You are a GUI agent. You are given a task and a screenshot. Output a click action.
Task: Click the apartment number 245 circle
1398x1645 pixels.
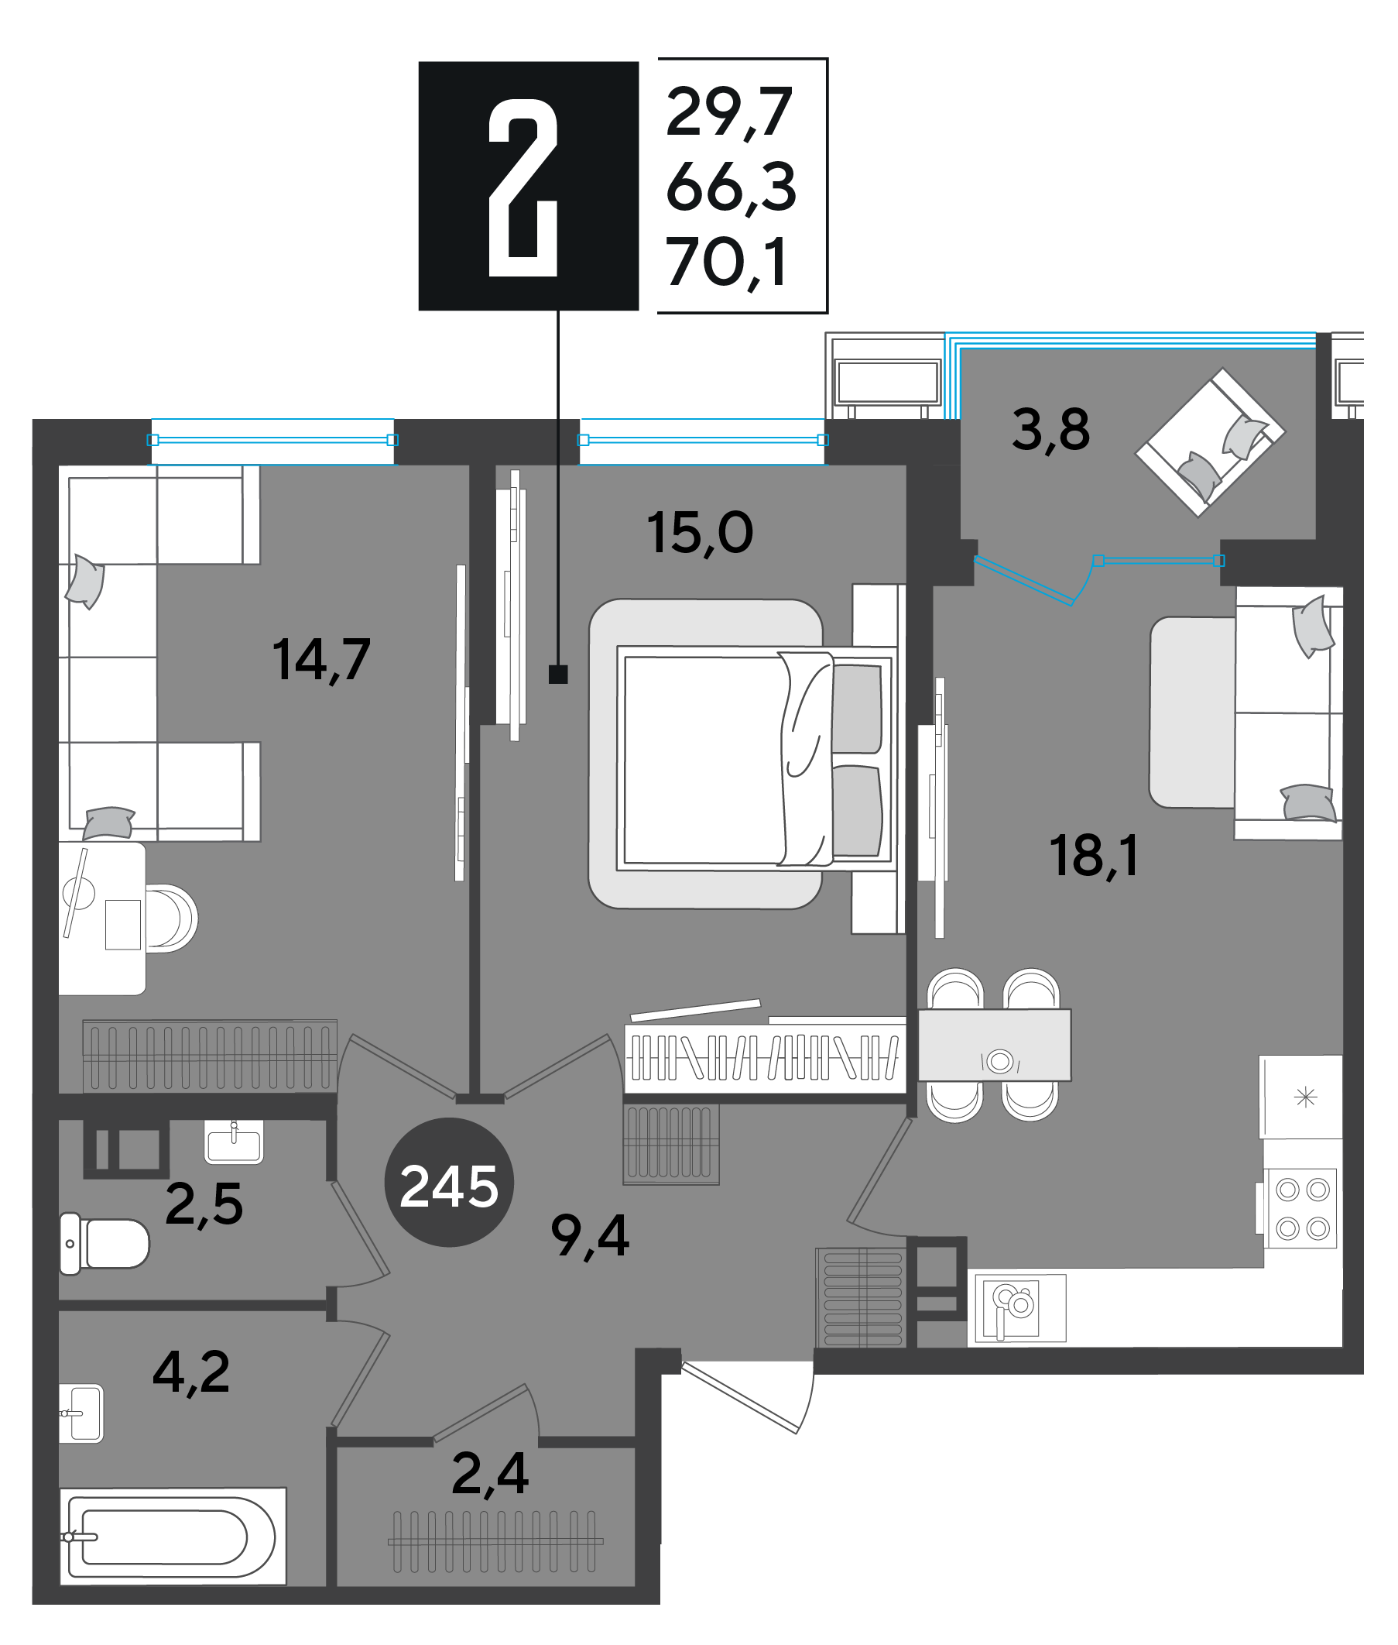[x=448, y=1182]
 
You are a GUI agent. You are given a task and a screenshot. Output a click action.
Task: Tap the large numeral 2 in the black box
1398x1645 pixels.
[x=523, y=188]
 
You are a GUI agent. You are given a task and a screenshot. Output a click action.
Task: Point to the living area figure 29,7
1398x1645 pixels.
[x=729, y=113]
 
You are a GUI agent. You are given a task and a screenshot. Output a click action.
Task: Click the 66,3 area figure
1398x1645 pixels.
[x=731, y=187]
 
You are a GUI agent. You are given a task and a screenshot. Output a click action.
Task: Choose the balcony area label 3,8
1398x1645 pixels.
[x=1051, y=431]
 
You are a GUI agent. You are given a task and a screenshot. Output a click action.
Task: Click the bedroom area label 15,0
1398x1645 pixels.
[x=700, y=532]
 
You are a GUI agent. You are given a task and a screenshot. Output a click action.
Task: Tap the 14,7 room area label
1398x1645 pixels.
[x=321, y=660]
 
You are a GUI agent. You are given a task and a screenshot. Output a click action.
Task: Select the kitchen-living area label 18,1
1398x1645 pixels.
[x=1094, y=857]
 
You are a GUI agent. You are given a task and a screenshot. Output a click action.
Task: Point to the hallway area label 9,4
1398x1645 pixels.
[x=591, y=1236]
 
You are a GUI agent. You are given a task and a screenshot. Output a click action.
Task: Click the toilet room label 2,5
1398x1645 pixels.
[x=204, y=1204]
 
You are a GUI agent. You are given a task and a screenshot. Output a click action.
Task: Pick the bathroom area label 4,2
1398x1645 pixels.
[x=191, y=1372]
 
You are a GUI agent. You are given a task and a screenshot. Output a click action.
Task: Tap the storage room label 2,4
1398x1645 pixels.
[x=490, y=1474]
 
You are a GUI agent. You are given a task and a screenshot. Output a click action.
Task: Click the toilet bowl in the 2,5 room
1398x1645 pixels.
[x=105, y=1244]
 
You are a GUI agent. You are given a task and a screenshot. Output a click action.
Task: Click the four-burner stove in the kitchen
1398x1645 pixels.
[x=1301, y=1208]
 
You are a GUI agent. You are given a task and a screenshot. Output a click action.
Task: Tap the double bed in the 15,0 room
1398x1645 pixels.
[x=757, y=759]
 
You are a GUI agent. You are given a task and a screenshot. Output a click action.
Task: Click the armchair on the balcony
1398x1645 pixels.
[x=1210, y=442]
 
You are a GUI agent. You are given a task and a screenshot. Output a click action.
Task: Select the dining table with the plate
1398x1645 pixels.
[x=995, y=1045]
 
